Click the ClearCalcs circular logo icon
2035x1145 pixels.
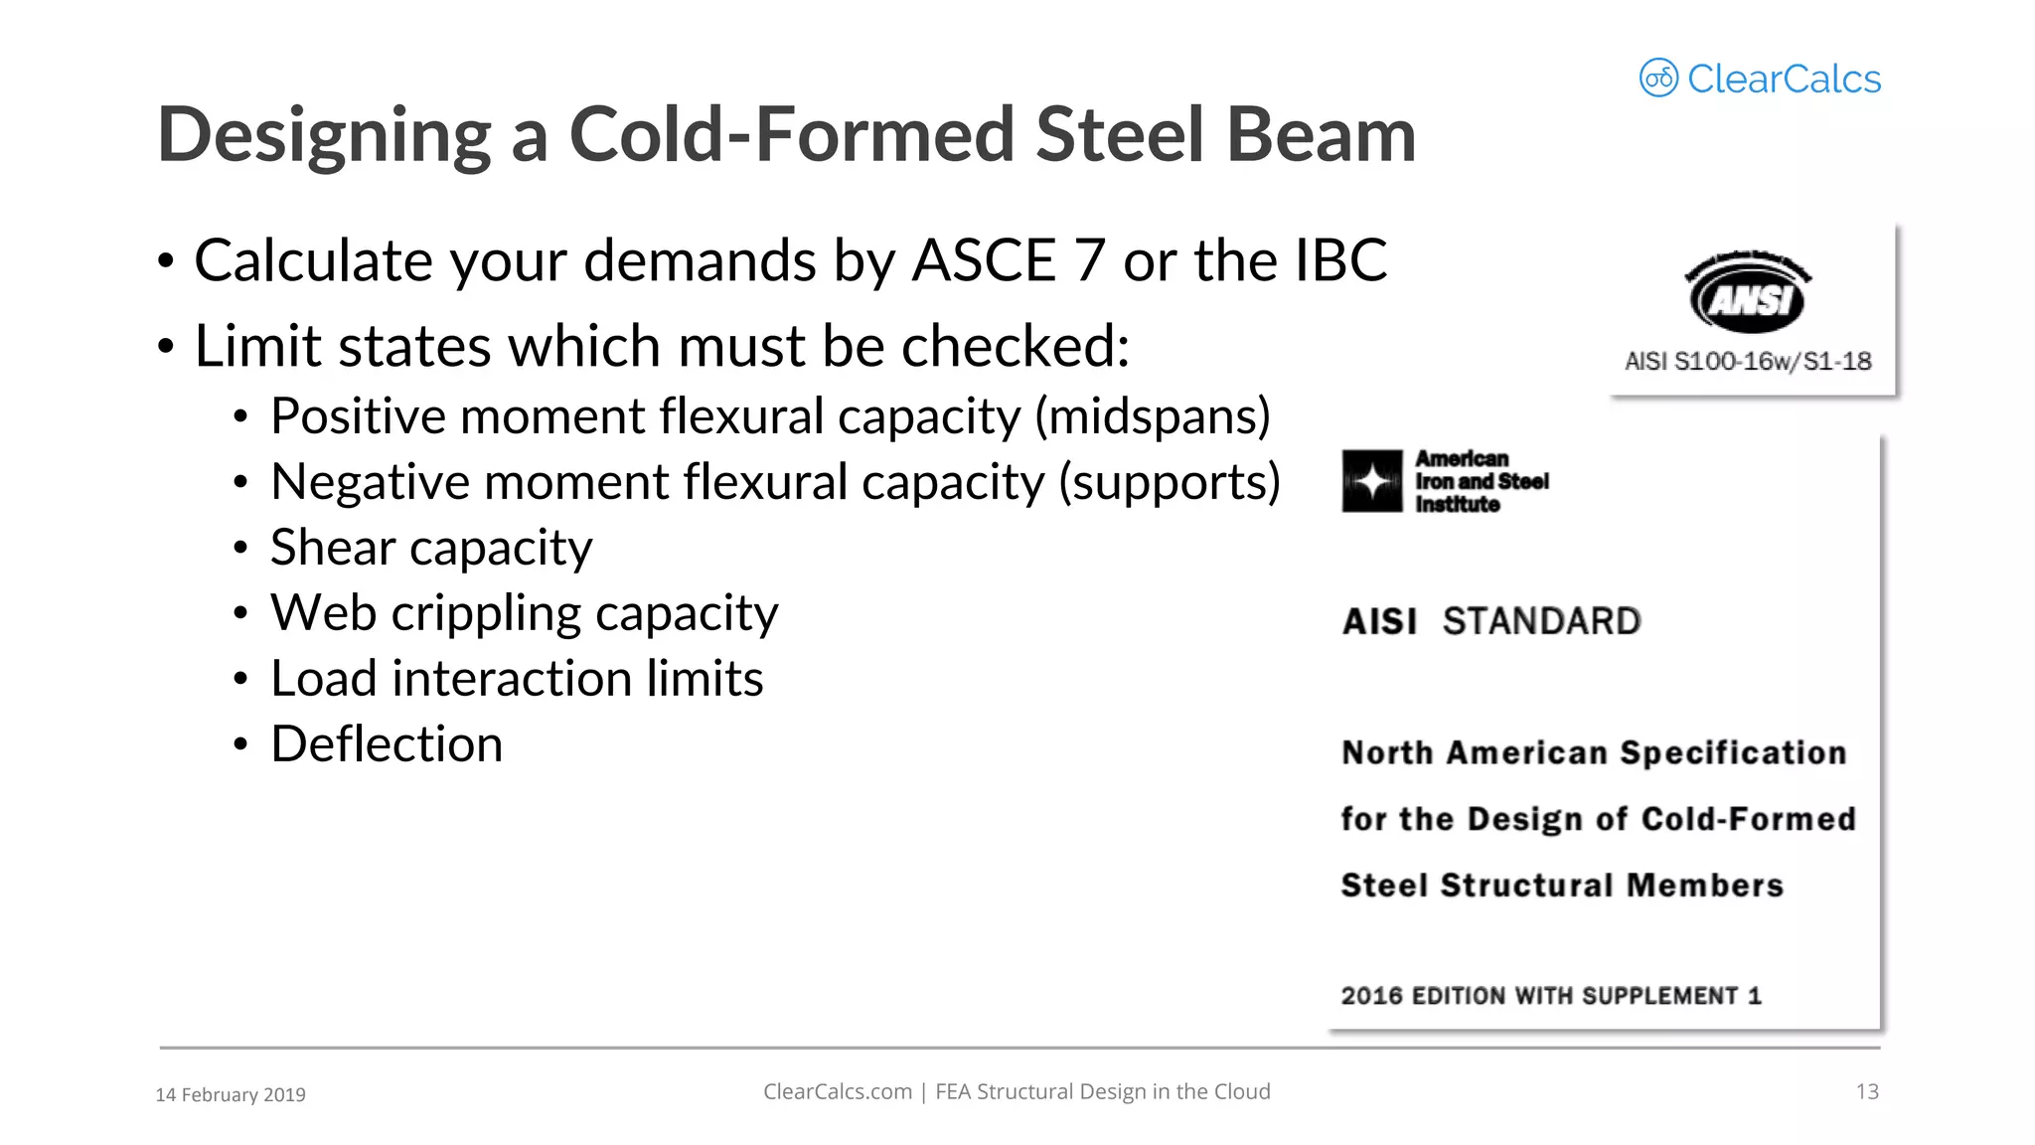coord(1658,78)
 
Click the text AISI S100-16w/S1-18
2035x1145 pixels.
coord(1748,361)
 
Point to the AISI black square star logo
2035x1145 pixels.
coord(1372,481)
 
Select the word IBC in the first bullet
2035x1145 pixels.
coord(1340,260)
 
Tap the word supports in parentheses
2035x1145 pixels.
coord(1170,482)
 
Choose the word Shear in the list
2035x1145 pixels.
coord(332,548)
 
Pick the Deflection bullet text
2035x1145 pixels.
coord(387,744)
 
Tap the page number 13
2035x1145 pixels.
coord(1867,1091)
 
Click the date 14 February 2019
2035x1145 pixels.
coord(231,1094)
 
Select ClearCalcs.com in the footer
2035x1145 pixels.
coord(837,1091)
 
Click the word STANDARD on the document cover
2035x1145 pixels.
coord(1541,621)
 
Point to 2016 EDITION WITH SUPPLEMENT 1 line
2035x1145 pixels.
coord(1550,996)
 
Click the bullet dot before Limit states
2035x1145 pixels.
coord(166,347)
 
